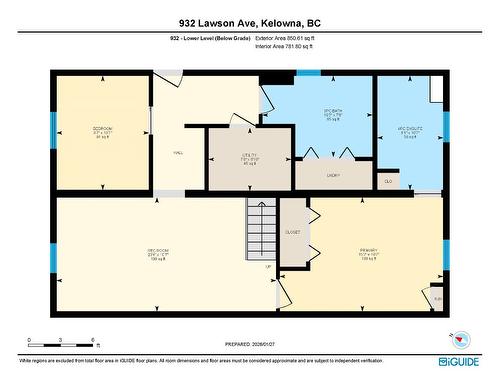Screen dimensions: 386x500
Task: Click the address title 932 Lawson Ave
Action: [x=249, y=22]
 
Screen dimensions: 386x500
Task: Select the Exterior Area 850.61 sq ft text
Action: [x=292, y=38]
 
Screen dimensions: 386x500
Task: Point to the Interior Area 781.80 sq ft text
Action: [x=291, y=46]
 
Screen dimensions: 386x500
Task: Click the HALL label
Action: [x=178, y=154]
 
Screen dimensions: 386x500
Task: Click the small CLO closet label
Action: [x=388, y=181]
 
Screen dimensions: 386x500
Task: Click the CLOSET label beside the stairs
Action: [x=293, y=231]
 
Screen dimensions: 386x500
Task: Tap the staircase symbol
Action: [x=261, y=229]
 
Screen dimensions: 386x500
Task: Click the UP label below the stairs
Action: [x=268, y=267]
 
